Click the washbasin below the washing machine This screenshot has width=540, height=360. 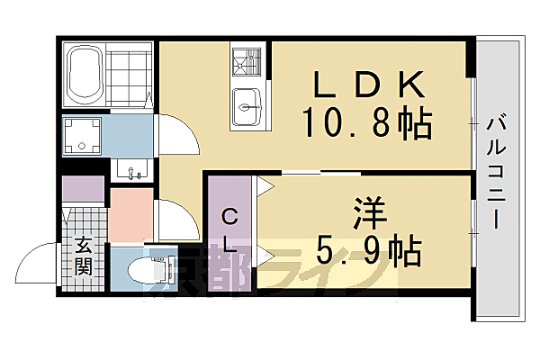click(x=133, y=168)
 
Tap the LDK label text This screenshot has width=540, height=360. click(x=368, y=84)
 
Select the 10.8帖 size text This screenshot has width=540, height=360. click(x=368, y=122)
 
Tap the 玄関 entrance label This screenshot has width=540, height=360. click(x=83, y=255)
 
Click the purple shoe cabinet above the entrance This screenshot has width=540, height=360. click(x=83, y=190)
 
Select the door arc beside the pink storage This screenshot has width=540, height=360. click(x=177, y=220)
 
